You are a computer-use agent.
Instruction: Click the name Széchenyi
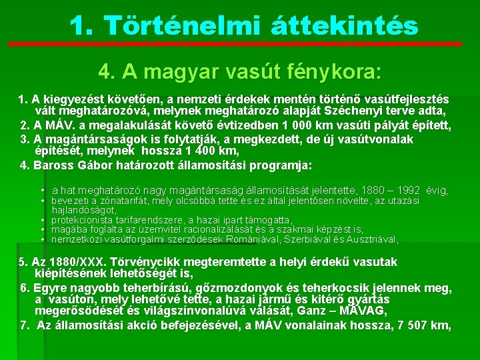click(x=372, y=111)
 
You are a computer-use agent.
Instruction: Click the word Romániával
click(x=257, y=239)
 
